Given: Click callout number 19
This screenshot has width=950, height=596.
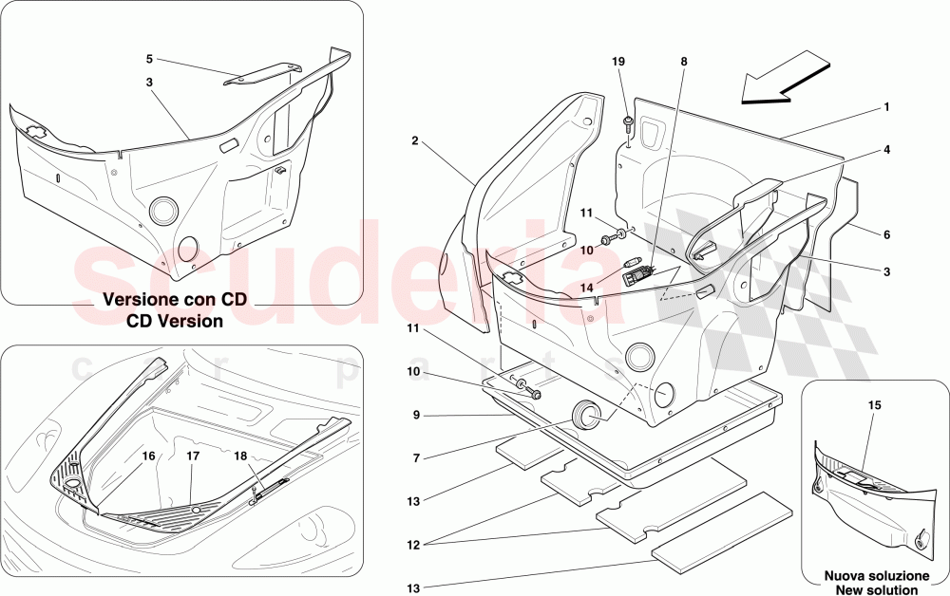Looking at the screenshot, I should click(617, 62).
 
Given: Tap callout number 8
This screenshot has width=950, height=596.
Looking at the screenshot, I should click(682, 62).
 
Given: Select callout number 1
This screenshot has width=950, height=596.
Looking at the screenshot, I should click(885, 107).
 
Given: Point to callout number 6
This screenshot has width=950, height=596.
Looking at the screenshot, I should click(885, 234).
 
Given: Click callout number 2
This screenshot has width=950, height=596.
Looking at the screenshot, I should click(415, 140).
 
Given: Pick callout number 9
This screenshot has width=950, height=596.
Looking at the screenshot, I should click(415, 415).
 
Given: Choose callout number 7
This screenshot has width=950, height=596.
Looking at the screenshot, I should click(415, 458).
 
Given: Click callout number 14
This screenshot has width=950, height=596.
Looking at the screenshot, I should click(587, 287).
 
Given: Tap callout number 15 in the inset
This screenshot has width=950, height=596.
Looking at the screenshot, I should click(875, 405).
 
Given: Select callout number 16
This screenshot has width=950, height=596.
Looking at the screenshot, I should click(148, 456).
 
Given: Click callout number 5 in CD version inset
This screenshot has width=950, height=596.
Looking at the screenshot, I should click(149, 59).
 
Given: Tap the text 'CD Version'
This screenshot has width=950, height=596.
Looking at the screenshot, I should click(176, 321).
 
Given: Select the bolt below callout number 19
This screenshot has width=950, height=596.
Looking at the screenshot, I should click(629, 122).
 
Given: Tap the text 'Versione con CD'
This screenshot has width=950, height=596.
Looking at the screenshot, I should click(176, 299).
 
